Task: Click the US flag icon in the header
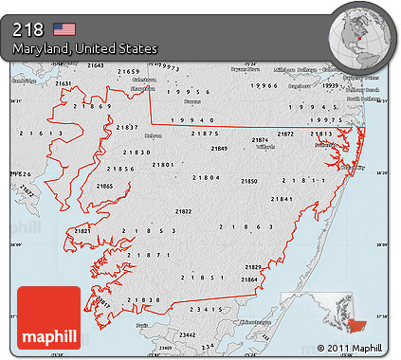point(64,28)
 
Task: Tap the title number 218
point(28,28)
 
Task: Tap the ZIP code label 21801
point(161,165)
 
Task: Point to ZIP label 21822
point(183,211)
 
